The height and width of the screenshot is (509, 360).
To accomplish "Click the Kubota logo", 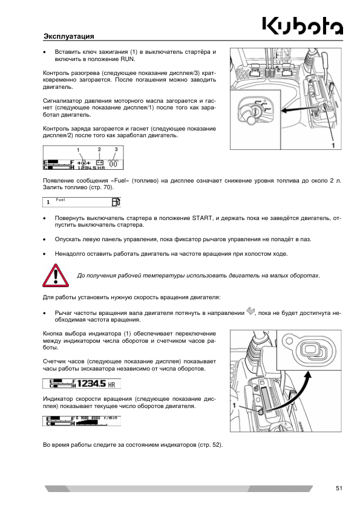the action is pyautogui.click(x=303, y=26).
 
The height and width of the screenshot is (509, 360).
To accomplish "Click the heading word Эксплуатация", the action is pyautogui.click(x=68, y=36).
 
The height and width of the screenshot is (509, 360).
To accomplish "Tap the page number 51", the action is pyautogui.click(x=339, y=488).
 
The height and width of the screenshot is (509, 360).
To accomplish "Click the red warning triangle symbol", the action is pyautogui.click(x=56, y=275).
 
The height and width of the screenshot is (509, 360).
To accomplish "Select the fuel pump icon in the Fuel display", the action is pyautogui.click(x=116, y=202).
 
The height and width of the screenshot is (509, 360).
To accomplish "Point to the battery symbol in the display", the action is pyautogui.click(x=99, y=162).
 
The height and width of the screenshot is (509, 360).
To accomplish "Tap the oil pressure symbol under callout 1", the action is pyautogui.click(x=83, y=162).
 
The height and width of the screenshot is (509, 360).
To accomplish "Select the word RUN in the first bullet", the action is pyautogui.click(x=127, y=59).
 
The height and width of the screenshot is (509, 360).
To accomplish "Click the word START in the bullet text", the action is pyautogui.click(x=201, y=218).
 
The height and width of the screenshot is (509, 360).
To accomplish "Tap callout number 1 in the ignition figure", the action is pyautogui.click(x=333, y=145).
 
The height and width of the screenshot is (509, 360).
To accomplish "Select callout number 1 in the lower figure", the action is pyautogui.click(x=234, y=406).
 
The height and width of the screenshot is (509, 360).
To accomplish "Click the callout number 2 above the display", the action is pyautogui.click(x=99, y=149).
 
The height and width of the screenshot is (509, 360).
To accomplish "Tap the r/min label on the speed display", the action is pyautogui.click(x=110, y=418).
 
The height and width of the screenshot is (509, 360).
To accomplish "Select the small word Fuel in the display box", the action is pyautogui.click(x=61, y=199).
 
